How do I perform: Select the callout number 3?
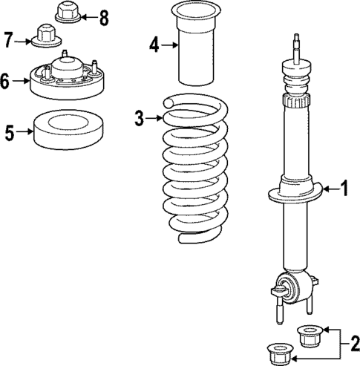click(x=139, y=117)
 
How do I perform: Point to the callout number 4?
click(x=154, y=45)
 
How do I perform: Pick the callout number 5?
click(x=9, y=134)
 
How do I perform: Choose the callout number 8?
click(x=102, y=16)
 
